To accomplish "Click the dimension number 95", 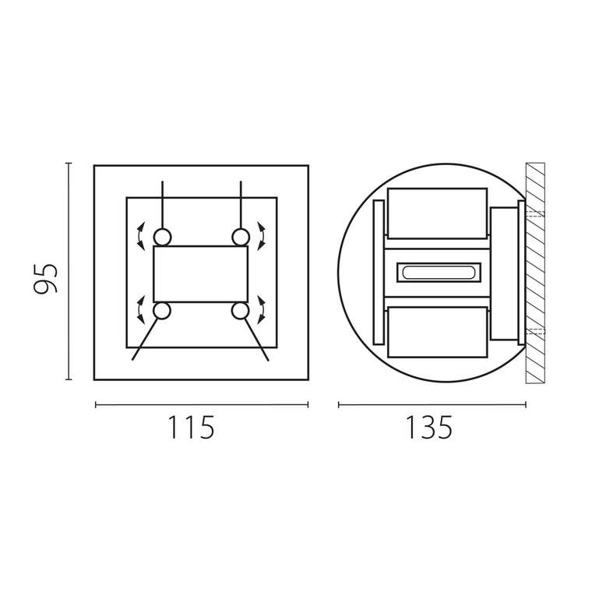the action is pos(45,279).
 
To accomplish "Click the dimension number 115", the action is pos(191,427).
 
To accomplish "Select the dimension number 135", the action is pos(429,427).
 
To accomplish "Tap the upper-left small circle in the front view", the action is pos(162,238).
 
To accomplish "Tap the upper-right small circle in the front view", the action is pos(241,238).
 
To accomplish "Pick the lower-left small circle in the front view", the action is pos(162,311).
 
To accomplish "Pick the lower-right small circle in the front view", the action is pos(240,311).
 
